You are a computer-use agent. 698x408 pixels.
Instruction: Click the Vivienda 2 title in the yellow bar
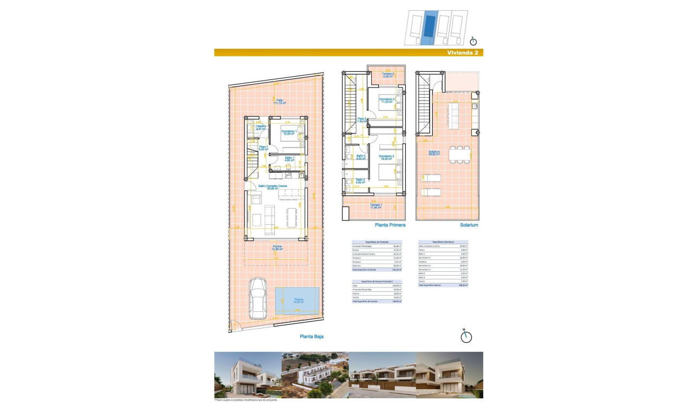pyautogui.click(x=462, y=53)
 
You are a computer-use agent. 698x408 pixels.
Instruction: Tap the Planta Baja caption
pyautogui.click(x=312, y=336)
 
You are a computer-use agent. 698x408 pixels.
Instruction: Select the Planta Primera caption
pyautogui.click(x=390, y=225)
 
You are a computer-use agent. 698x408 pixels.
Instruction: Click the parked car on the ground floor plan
pyautogui.click(x=258, y=300)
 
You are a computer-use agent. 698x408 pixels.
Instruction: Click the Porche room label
pyautogui.click(x=277, y=248)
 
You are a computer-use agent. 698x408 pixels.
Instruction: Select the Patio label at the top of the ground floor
pyautogui.click(x=279, y=101)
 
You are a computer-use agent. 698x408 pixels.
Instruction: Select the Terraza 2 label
pyautogui.click(x=387, y=75)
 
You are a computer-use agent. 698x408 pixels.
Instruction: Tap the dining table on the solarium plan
pyautogui.click(x=459, y=155)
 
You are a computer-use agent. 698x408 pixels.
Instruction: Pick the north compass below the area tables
pyautogui.click(x=466, y=336)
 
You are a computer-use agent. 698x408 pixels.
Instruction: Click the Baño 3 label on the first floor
pyautogui.click(x=361, y=157)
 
